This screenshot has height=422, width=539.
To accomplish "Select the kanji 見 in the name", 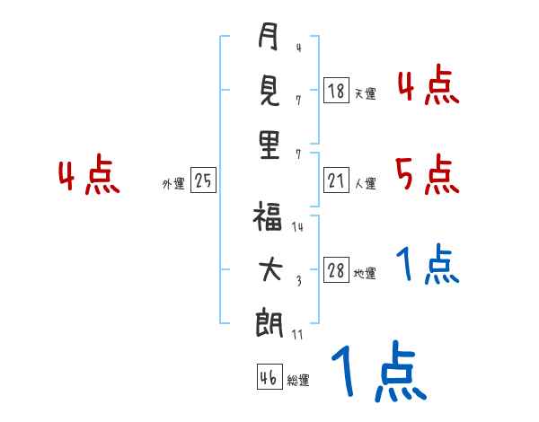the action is (x=269, y=92).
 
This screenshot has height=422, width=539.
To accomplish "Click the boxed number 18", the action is (x=336, y=92).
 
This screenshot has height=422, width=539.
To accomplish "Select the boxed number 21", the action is (x=336, y=181).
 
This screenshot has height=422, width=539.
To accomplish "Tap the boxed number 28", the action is (x=336, y=271).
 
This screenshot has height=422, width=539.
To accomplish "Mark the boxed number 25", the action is (x=203, y=181).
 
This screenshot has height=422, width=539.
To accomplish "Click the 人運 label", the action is (x=365, y=183).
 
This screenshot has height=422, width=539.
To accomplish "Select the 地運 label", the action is (x=365, y=273).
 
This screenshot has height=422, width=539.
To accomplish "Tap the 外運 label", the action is (x=173, y=183).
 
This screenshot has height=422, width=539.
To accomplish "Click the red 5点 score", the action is (x=427, y=175).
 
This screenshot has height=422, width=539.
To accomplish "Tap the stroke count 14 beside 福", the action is (x=297, y=227).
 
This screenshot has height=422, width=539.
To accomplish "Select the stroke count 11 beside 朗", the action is (x=297, y=335).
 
